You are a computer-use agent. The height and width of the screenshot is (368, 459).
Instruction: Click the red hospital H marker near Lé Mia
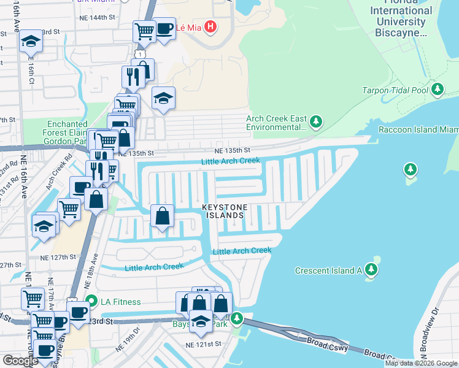click(x=210, y=27)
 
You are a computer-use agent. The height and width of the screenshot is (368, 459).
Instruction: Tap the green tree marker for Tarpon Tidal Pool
click(x=438, y=90)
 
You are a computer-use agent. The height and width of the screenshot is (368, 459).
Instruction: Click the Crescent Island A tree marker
click(x=371, y=270)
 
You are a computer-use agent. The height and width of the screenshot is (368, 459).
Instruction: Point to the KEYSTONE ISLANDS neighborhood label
click(x=224, y=212)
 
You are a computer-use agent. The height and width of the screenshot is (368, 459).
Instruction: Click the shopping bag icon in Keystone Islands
click(x=162, y=217)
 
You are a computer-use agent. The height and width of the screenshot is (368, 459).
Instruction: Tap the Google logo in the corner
click(x=20, y=361)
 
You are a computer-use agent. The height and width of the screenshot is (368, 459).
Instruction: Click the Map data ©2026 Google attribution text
click(x=421, y=363)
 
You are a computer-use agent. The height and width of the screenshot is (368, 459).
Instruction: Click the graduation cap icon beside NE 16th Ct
click(x=31, y=42)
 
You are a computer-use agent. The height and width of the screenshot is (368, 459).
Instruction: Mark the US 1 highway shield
click(x=141, y=55)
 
